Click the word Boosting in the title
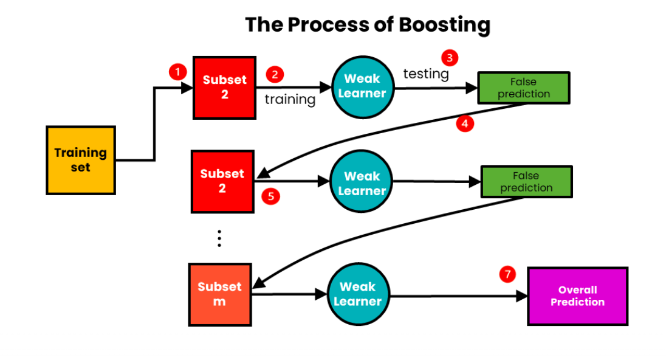[x=445, y=26]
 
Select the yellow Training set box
[x=81, y=160]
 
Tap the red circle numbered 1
[x=177, y=72]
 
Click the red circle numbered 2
[x=275, y=75]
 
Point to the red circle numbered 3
[x=450, y=58]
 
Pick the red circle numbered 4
[x=465, y=123]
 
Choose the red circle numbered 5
[x=271, y=196]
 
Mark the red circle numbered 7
[x=507, y=274]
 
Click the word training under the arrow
[x=290, y=100]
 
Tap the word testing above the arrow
[x=426, y=74]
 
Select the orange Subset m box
[x=220, y=294]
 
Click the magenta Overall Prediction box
[x=578, y=296]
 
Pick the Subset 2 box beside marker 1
[x=225, y=88]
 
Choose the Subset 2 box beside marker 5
[x=222, y=181]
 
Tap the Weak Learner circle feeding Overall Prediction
[x=358, y=294]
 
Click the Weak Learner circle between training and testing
[x=363, y=87]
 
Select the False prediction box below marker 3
[x=524, y=88]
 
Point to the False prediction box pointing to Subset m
[x=527, y=182]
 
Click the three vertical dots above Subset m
[x=219, y=238]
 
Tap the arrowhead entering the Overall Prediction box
[x=522, y=296]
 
